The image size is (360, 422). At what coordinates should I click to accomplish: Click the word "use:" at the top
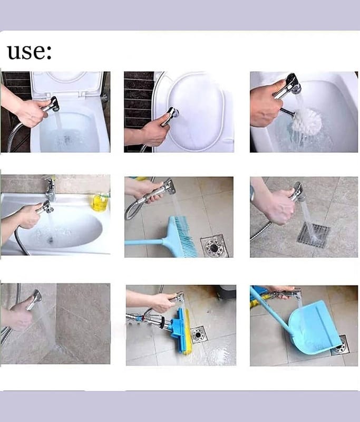click(30, 52)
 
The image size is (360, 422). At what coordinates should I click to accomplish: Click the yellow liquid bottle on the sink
click(100, 202)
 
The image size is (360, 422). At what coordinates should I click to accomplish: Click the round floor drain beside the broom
click(215, 246)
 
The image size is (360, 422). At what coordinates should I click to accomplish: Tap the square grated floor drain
click(314, 235)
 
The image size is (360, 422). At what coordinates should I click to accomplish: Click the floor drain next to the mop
click(199, 334)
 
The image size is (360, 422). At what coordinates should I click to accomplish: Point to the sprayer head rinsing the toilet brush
click(290, 85)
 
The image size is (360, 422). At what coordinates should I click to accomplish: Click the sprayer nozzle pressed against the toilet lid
click(171, 114)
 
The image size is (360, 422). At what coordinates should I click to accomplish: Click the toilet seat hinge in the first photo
click(83, 94)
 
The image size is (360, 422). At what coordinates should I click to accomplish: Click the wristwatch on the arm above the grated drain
click(252, 193)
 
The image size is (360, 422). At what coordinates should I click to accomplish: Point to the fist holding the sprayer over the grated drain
click(281, 207)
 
